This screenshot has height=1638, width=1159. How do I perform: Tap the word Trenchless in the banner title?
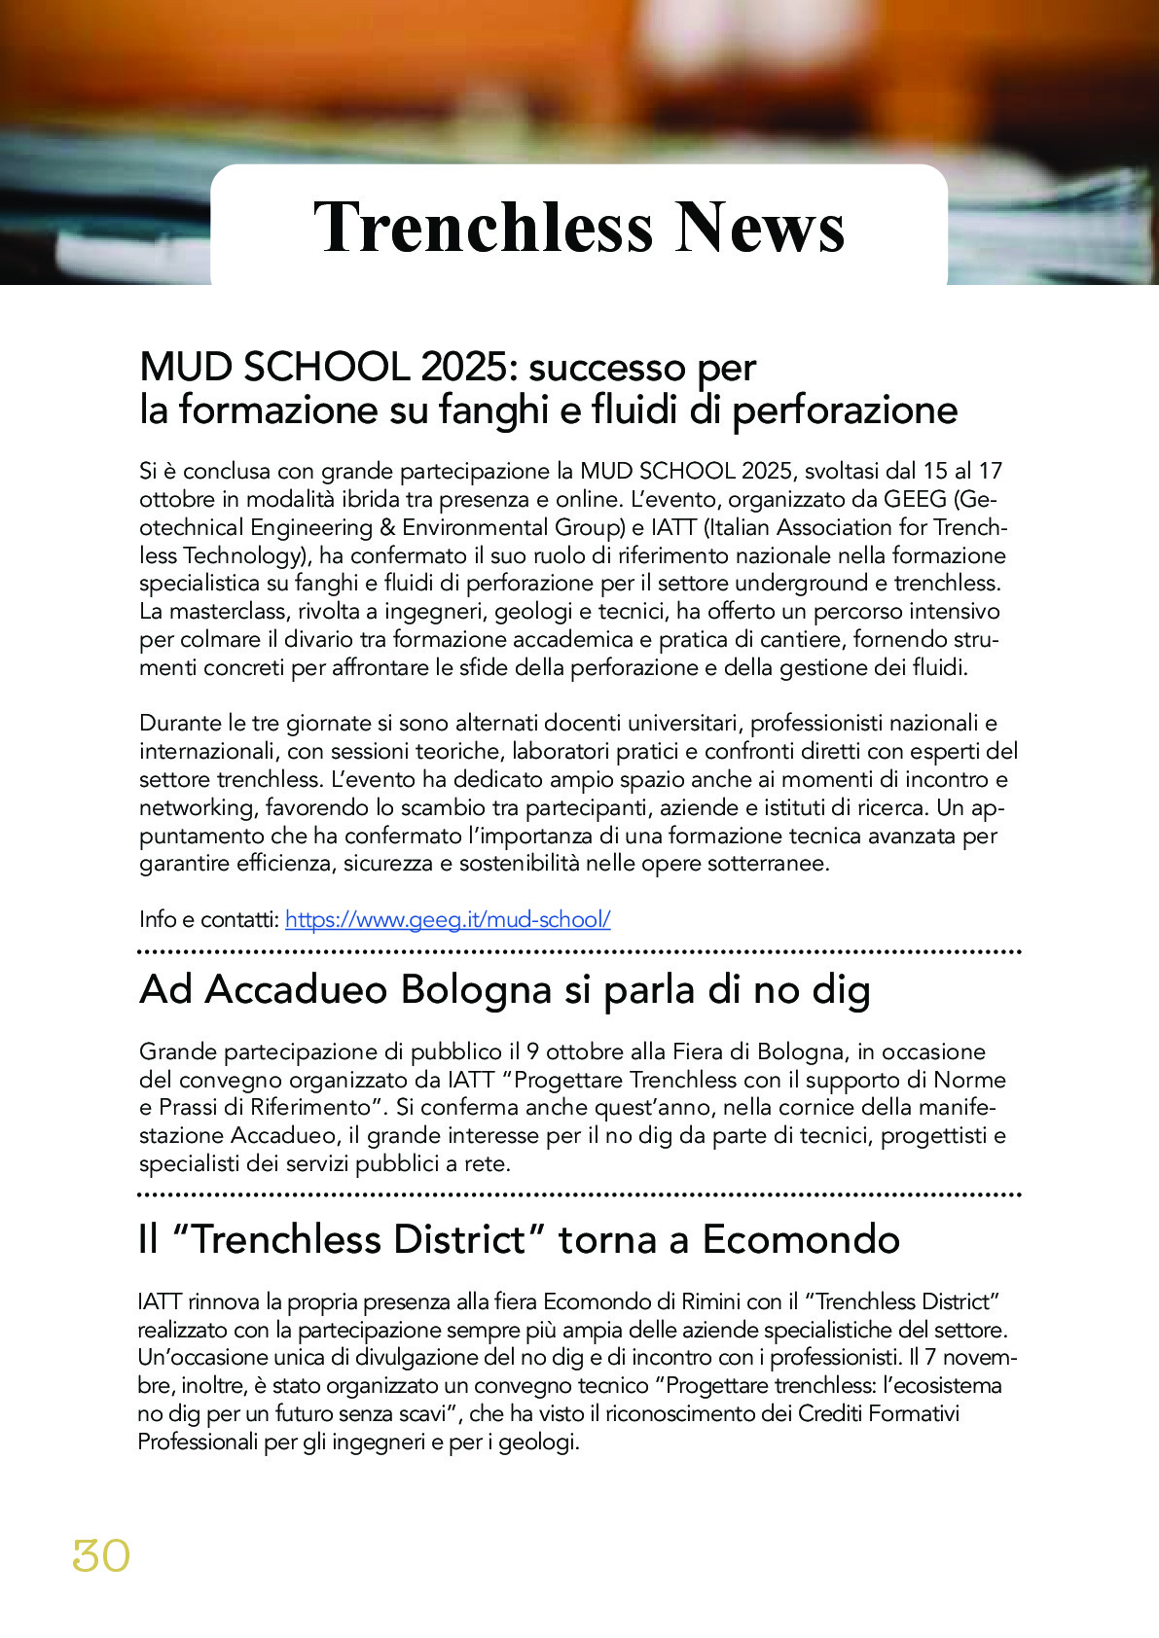coord(483,228)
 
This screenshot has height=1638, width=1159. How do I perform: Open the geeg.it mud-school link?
coord(448,919)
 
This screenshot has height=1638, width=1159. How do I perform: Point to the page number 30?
coord(101,1556)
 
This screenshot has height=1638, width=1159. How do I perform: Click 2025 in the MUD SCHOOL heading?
coord(463,368)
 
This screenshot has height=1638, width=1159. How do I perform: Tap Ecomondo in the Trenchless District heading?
coord(801,1239)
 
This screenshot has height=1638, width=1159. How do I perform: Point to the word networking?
coord(199,807)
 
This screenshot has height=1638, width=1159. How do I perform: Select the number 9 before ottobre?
coord(532,1051)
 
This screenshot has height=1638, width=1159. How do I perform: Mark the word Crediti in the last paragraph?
coord(833,1413)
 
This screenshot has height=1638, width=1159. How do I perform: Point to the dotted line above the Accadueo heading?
coord(579,951)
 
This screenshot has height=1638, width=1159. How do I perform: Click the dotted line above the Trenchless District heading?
coord(579,1193)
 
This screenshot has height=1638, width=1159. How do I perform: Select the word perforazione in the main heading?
coord(845,410)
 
